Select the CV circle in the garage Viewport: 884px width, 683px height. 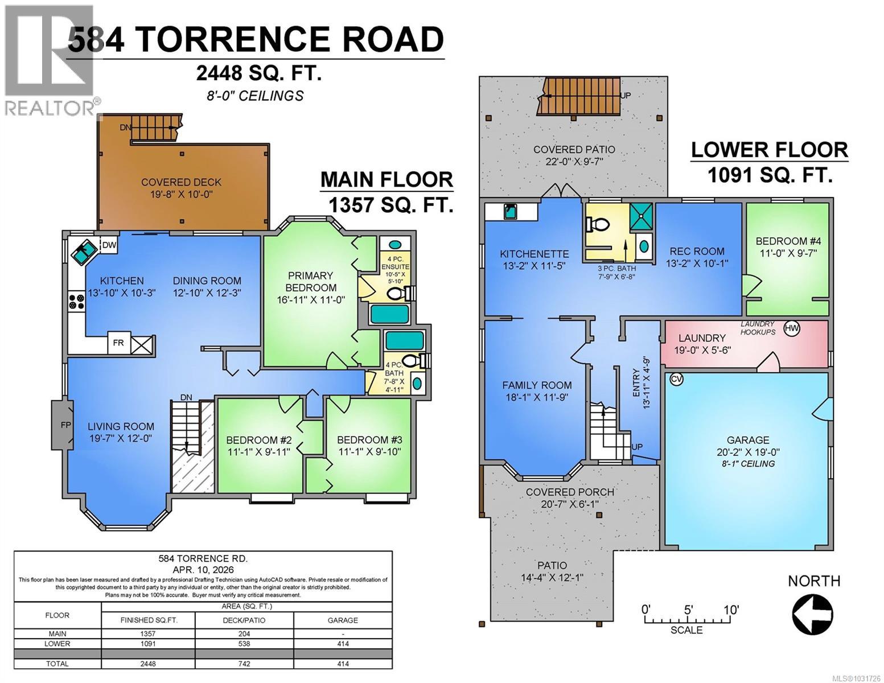tap(676, 379)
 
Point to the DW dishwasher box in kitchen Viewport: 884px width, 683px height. tap(109, 245)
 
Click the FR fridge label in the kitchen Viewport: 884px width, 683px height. tap(118, 343)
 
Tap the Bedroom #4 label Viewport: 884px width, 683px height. tap(788, 241)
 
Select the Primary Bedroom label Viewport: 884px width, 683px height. tap(311, 282)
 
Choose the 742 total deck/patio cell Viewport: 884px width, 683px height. tap(246, 664)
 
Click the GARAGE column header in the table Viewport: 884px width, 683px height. tap(343, 620)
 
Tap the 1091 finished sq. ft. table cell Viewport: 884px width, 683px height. tap(147, 644)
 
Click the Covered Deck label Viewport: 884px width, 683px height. tap(181, 182)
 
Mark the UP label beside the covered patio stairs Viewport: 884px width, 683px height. tap(625, 96)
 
